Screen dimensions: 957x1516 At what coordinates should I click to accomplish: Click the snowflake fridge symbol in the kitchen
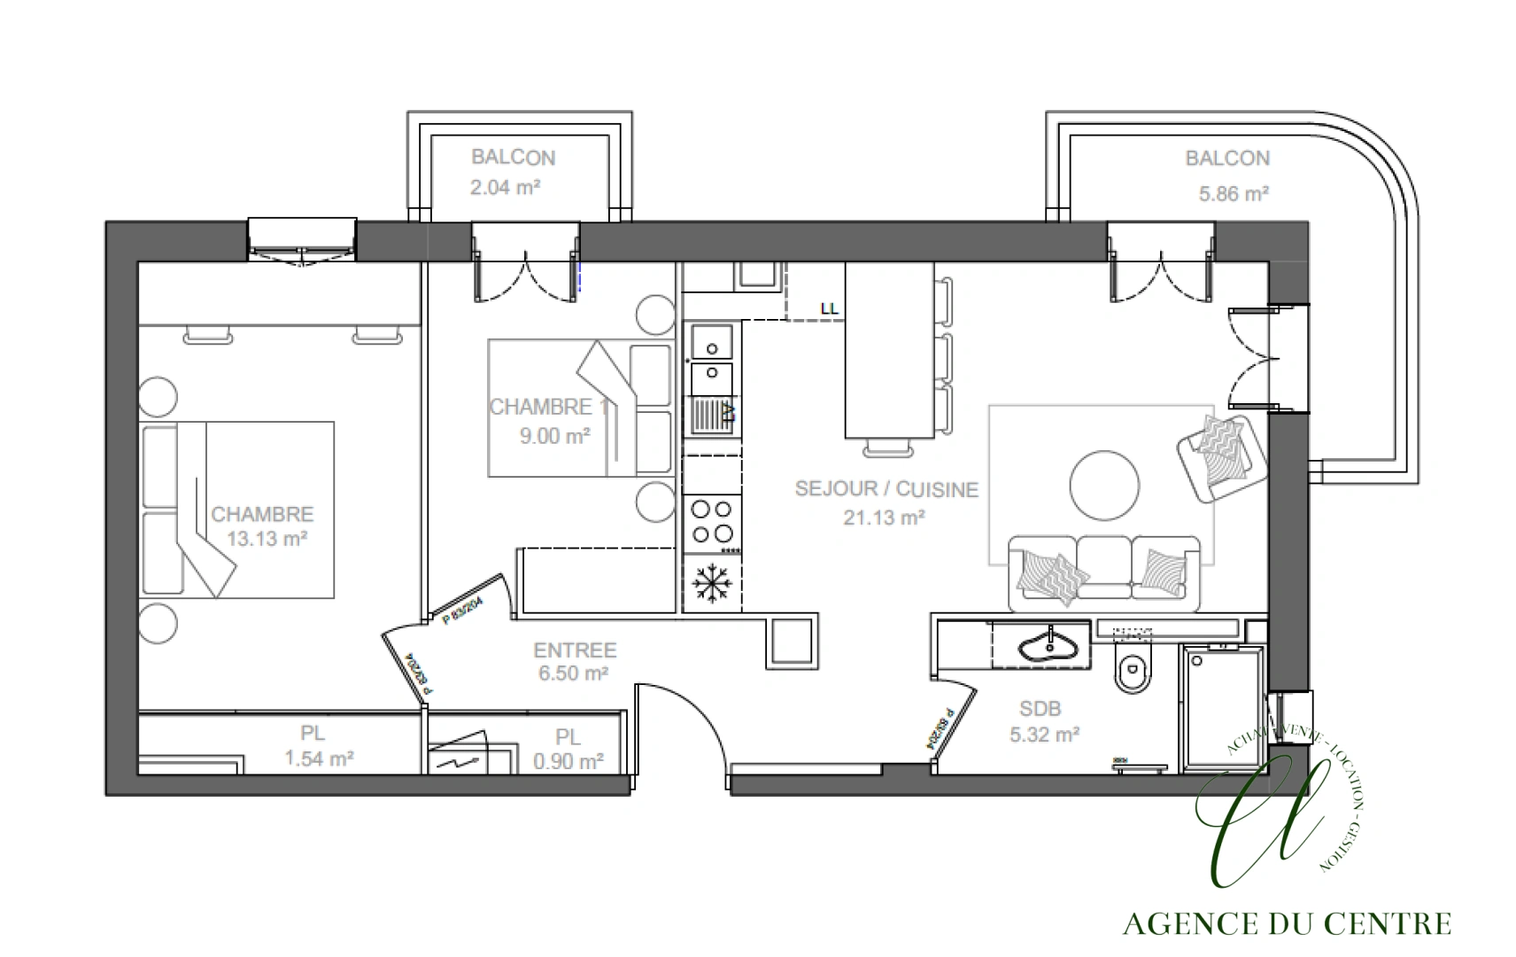[x=711, y=584]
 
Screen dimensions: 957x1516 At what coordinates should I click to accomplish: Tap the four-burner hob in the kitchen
[x=712, y=521]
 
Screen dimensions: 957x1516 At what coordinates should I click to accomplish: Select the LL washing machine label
[x=829, y=309]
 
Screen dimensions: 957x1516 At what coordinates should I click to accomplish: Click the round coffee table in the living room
[x=1104, y=486]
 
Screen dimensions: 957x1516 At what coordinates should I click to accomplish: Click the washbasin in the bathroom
[x=1050, y=644]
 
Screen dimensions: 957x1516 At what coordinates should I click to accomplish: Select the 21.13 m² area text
[x=884, y=517]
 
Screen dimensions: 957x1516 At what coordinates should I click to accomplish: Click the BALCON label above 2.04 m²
[x=513, y=158]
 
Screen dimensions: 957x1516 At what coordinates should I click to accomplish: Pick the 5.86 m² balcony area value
[x=1234, y=193]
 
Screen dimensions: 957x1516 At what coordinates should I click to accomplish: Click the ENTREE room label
[x=575, y=650]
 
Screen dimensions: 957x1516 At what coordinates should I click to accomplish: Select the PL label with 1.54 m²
[x=313, y=734]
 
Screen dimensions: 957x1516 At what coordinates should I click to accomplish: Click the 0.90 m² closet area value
[x=568, y=761]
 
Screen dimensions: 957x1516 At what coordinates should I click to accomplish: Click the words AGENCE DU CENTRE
[x=1287, y=924]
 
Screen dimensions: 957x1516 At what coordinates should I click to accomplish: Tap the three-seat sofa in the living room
[x=1104, y=572]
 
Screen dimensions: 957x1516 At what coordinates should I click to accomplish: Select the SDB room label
[x=1040, y=709]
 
